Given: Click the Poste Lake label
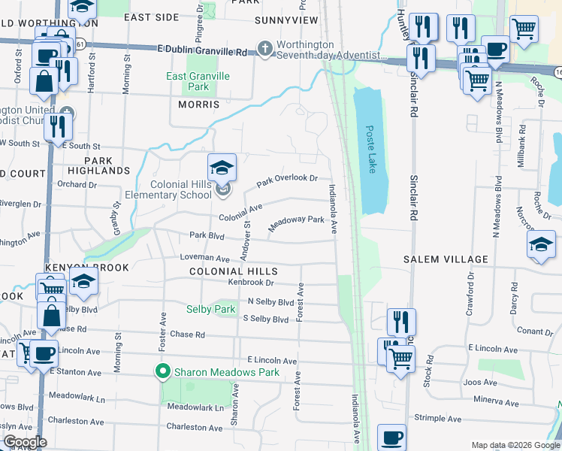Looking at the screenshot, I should [x=370, y=149].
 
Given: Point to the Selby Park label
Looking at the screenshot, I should [x=210, y=309].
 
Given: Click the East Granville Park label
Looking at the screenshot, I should [x=198, y=81].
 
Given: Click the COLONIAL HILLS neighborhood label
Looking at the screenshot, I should [x=234, y=271].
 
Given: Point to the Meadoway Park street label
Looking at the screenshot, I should [x=296, y=223].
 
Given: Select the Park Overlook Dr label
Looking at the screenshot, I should [x=287, y=180].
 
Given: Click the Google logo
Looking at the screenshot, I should [x=24, y=442].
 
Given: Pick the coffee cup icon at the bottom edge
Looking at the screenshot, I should [x=391, y=438].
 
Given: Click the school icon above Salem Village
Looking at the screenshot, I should [x=541, y=246].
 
